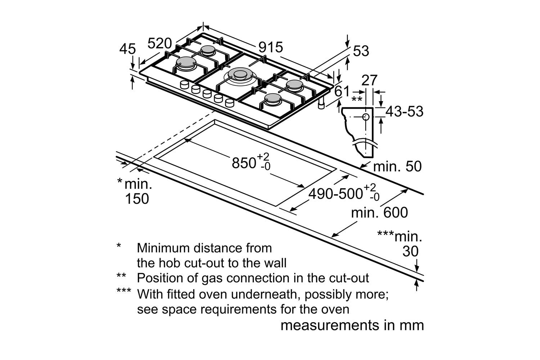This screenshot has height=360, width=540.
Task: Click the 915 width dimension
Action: [x=270, y=47]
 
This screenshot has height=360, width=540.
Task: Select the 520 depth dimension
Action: [x=160, y=44]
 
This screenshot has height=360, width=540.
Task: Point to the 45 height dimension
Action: [x=127, y=49]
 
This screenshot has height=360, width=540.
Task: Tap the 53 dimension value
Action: [x=361, y=51]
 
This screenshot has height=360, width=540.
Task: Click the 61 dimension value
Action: [x=342, y=91]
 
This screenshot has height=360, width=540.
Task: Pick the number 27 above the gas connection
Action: [x=369, y=80]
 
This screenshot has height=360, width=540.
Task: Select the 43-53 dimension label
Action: [x=404, y=112]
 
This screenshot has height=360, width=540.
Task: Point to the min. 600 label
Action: [x=379, y=212]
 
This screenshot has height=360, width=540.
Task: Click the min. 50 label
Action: [x=397, y=167]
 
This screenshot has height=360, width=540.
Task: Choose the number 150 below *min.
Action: [x=137, y=199]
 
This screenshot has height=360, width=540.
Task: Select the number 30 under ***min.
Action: [x=410, y=251]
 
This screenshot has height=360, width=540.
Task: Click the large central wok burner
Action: [x=238, y=75]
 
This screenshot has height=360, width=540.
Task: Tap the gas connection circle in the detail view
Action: [x=365, y=117]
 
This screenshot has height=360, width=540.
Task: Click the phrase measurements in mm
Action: [x=352, y=325]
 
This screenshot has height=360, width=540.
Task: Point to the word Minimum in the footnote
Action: [x=164, y=248]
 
